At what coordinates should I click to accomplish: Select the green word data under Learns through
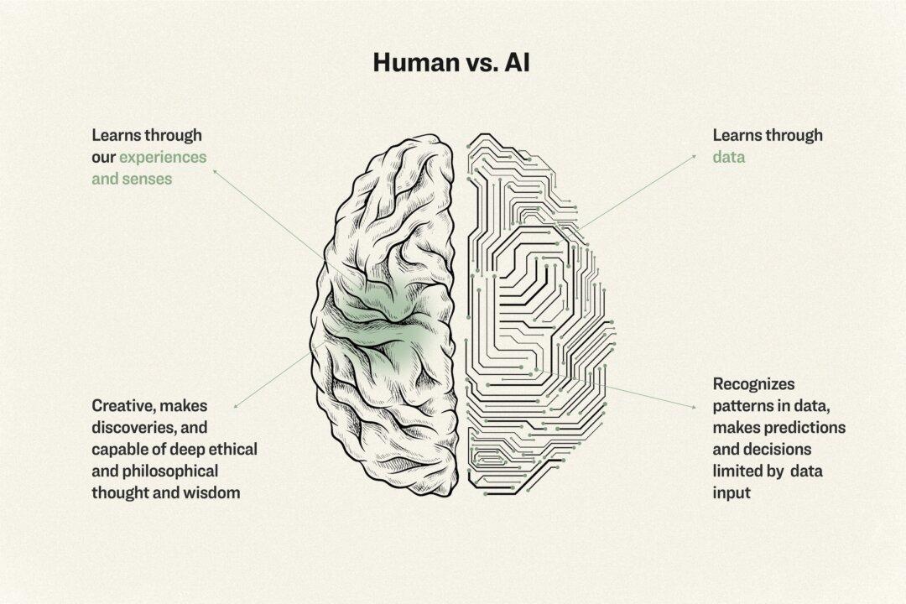point(730,157)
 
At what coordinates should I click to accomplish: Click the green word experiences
point(163,157)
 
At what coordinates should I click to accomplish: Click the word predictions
point(806,428)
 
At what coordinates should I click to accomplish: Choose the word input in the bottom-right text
point(732,493)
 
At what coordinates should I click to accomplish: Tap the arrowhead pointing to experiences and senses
point(215,169)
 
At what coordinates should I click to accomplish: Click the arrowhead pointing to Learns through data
point(694,155)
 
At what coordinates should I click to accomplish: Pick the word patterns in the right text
point(742,406)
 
